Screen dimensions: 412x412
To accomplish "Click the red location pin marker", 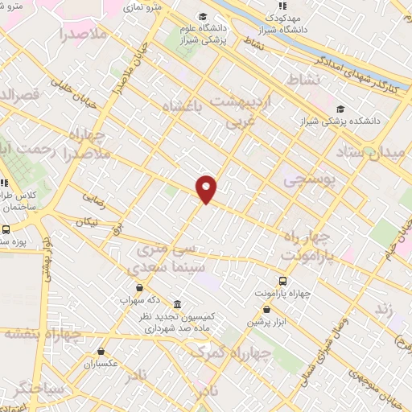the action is pyautogui.click(x=207, y=188).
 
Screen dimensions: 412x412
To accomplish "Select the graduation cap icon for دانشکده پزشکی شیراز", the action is pyautogui.click(x=340, y=109).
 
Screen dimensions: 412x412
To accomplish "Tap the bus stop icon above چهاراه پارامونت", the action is pyautogui.click(x=282, y=281).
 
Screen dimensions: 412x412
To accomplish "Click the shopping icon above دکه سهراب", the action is pyautogui.click(x=141, y=287).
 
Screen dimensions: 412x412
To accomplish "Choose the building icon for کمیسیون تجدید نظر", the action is pyautogui.click(x=176, y=305).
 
